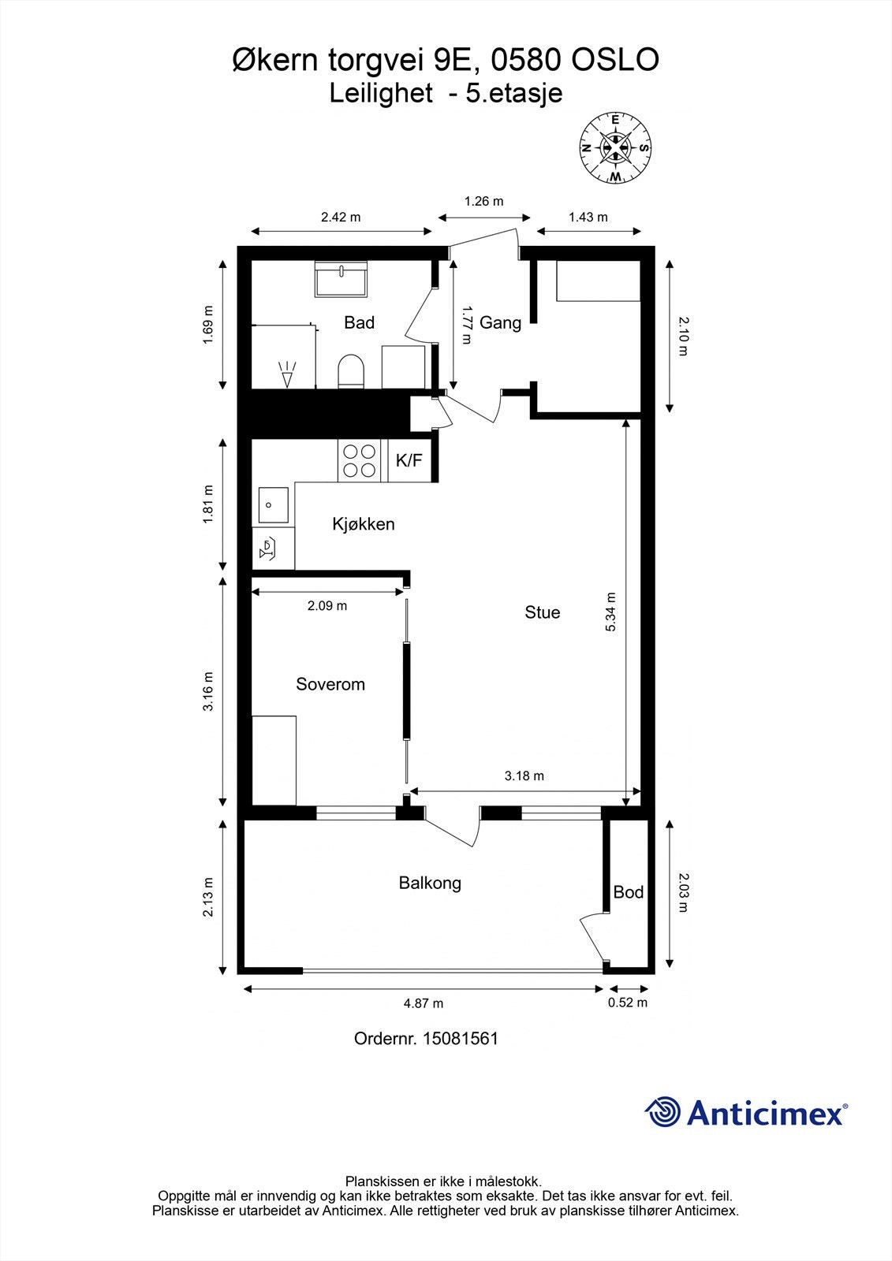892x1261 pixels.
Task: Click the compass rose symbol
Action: [x=615, y=149]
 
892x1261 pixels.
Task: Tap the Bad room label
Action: [x=359, y=322]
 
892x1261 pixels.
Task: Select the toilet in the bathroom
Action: [x=350, y=371]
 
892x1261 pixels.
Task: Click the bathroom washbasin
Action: [x=341, y=279]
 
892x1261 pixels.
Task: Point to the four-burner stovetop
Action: [x=360, y=460]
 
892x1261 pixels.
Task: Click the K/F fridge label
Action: [x=409, y=460]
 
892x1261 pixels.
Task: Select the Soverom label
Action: [x=330, y=684]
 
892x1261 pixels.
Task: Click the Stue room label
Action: [x=542, y=612]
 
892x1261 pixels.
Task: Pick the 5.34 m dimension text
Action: [x=610, y=612]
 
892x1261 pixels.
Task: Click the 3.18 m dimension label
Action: [x=524, y=776]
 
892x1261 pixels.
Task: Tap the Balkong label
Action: [x=430, y=883]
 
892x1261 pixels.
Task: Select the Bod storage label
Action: [x=629, y=891]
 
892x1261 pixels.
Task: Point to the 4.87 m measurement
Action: [x=424, y=1002]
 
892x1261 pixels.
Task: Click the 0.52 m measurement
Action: [x=628, y=1002]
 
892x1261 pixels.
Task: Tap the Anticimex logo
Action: [x=746, y=1112]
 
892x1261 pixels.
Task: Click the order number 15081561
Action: [x=461, y=1038]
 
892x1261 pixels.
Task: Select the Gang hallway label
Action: [x=500, y=322]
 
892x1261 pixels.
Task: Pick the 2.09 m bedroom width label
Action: [x=327, y=606]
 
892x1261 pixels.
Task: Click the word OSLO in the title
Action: [x=615, y=60]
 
